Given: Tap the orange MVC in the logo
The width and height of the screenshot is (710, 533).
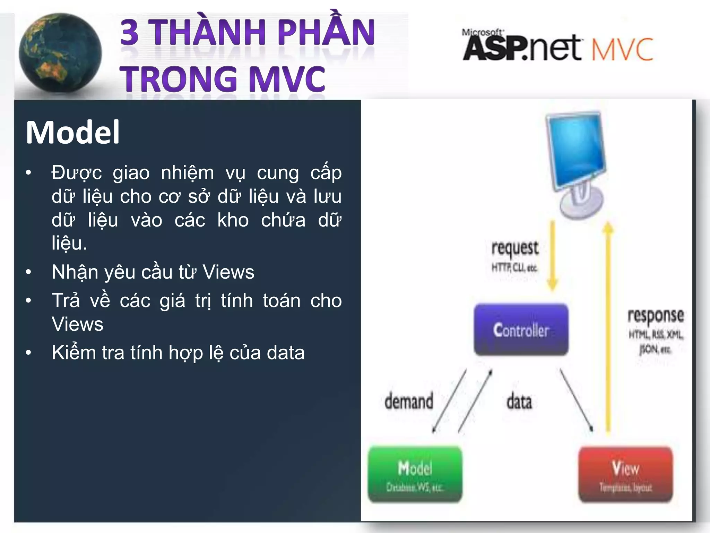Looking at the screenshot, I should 622,50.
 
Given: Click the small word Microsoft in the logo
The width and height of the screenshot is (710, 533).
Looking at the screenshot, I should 482,33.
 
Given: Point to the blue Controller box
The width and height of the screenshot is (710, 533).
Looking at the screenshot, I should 521,330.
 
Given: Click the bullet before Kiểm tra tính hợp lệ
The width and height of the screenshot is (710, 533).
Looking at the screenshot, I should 29,353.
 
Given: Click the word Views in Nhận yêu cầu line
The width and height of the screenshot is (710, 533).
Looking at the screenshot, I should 228,272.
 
